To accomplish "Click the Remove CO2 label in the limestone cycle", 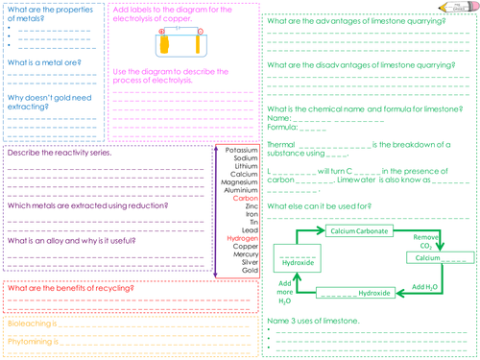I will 426,240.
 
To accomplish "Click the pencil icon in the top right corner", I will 465,8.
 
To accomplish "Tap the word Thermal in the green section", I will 281,144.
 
